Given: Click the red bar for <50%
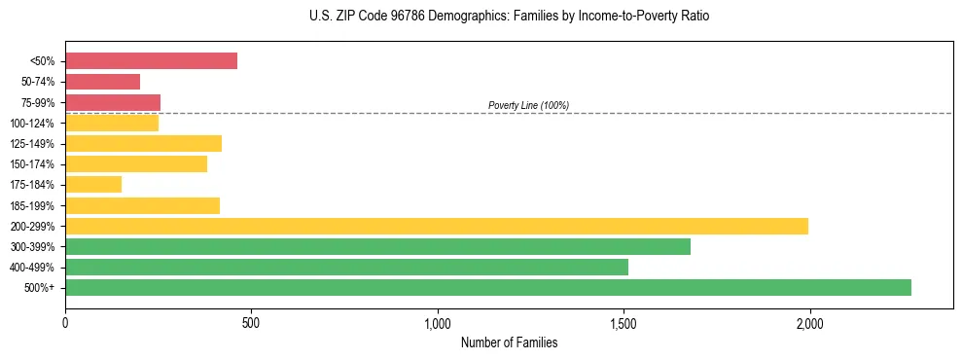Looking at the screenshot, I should pyautogui.click(x=151, y=60).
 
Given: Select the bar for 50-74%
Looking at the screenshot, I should pyautogui.click(x=102, y=82).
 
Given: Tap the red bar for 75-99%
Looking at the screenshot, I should pyautogui.click(x=113, y=102).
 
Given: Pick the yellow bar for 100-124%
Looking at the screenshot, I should pyautogui.click(x=112, y=123).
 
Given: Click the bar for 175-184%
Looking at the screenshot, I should pyautogui.click(x=93, y=185).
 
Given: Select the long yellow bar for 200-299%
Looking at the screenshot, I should pyautogui.click(x=436, y=226).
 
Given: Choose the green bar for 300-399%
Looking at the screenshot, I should pyautogui.click(x=377, y=246).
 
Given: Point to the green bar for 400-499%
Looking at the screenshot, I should pyautogui.click(x=346, y=267).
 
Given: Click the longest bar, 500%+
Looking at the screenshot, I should pyautogui.click(x=487, y=287).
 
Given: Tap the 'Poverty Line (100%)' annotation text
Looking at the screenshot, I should pyautogui.click(x=528, y=105).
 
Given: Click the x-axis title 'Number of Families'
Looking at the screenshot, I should pyautogui.click(x=509, y=342).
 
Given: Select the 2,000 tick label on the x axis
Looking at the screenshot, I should pyautogui.click(x=809, y=322).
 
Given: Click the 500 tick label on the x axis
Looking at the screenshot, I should pyautogui.click(x=251, y=322).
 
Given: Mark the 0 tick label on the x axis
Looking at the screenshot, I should pyautogui.click(x=65, y=322).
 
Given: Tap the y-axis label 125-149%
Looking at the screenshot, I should pyautogui.click(x=32, y=144).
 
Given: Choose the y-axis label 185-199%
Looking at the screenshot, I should pyautogui.click(x=32, y=205).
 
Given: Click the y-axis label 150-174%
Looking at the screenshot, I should pyautogui.click(x=32, y=164).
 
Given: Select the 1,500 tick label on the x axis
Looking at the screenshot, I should pyautogui.click(x=624, y=322).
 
